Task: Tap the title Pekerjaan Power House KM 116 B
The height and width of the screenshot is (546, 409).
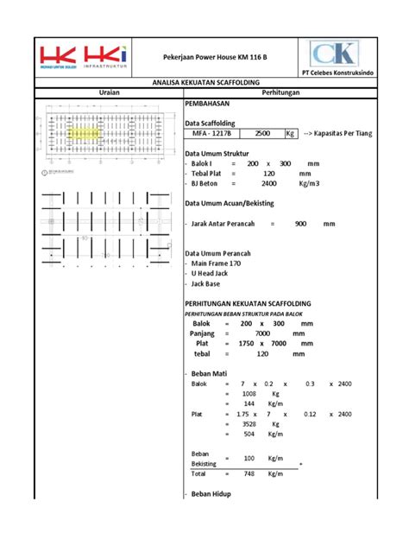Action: click(215, 57)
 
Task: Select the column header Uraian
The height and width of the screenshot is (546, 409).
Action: click(107, 92)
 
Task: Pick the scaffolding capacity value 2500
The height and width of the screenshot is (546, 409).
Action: click(264, 134)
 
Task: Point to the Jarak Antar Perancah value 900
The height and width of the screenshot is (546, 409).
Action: click(300, 223)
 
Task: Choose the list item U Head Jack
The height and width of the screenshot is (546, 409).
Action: click(215, 274)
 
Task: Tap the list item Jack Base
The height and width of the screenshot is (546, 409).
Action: click(211, 284)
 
